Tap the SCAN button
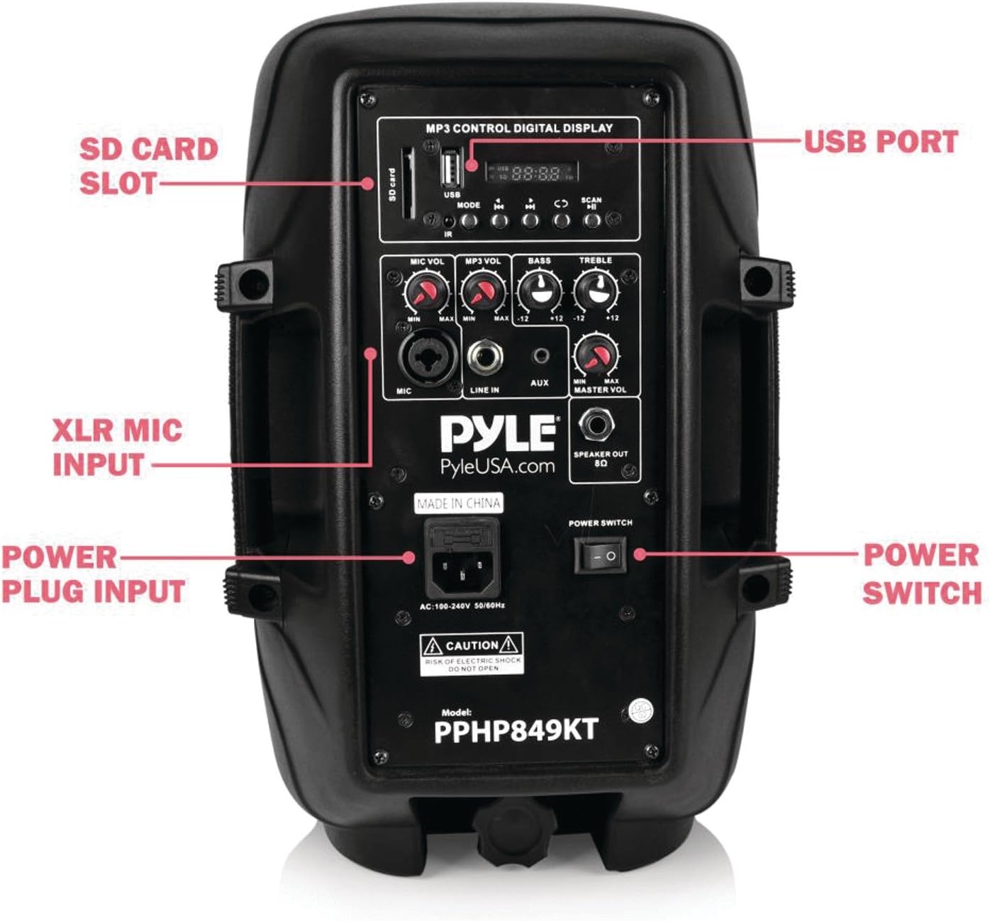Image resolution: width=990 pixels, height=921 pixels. click(x=591, y=221)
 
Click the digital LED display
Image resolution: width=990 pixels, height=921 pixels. click(x=531, y=172)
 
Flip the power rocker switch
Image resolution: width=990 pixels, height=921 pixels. click(x=595, y=556)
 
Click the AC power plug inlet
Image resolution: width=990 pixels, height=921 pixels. click(x=462, y=563)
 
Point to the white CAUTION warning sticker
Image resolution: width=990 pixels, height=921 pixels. click(x=472, y=654)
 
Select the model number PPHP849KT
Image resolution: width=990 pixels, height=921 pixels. click(x=516, y=730)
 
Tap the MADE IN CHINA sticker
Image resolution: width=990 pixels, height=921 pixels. click(x=459, y=503)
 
